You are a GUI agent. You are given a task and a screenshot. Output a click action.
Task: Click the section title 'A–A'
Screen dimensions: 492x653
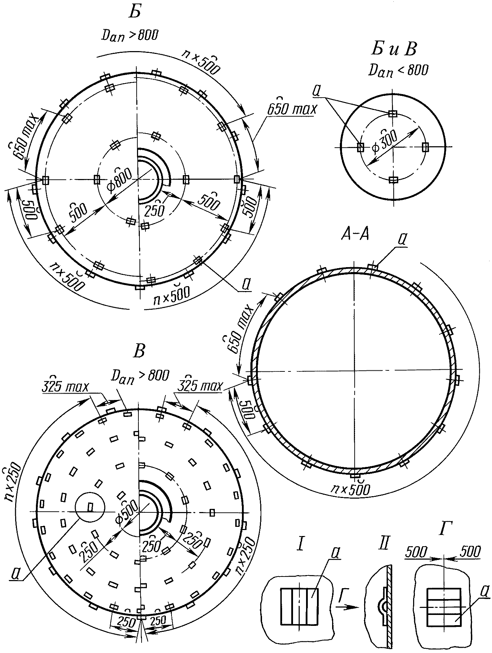point(355,234)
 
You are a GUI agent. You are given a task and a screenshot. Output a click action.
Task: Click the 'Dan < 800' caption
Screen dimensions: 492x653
point(398,70)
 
